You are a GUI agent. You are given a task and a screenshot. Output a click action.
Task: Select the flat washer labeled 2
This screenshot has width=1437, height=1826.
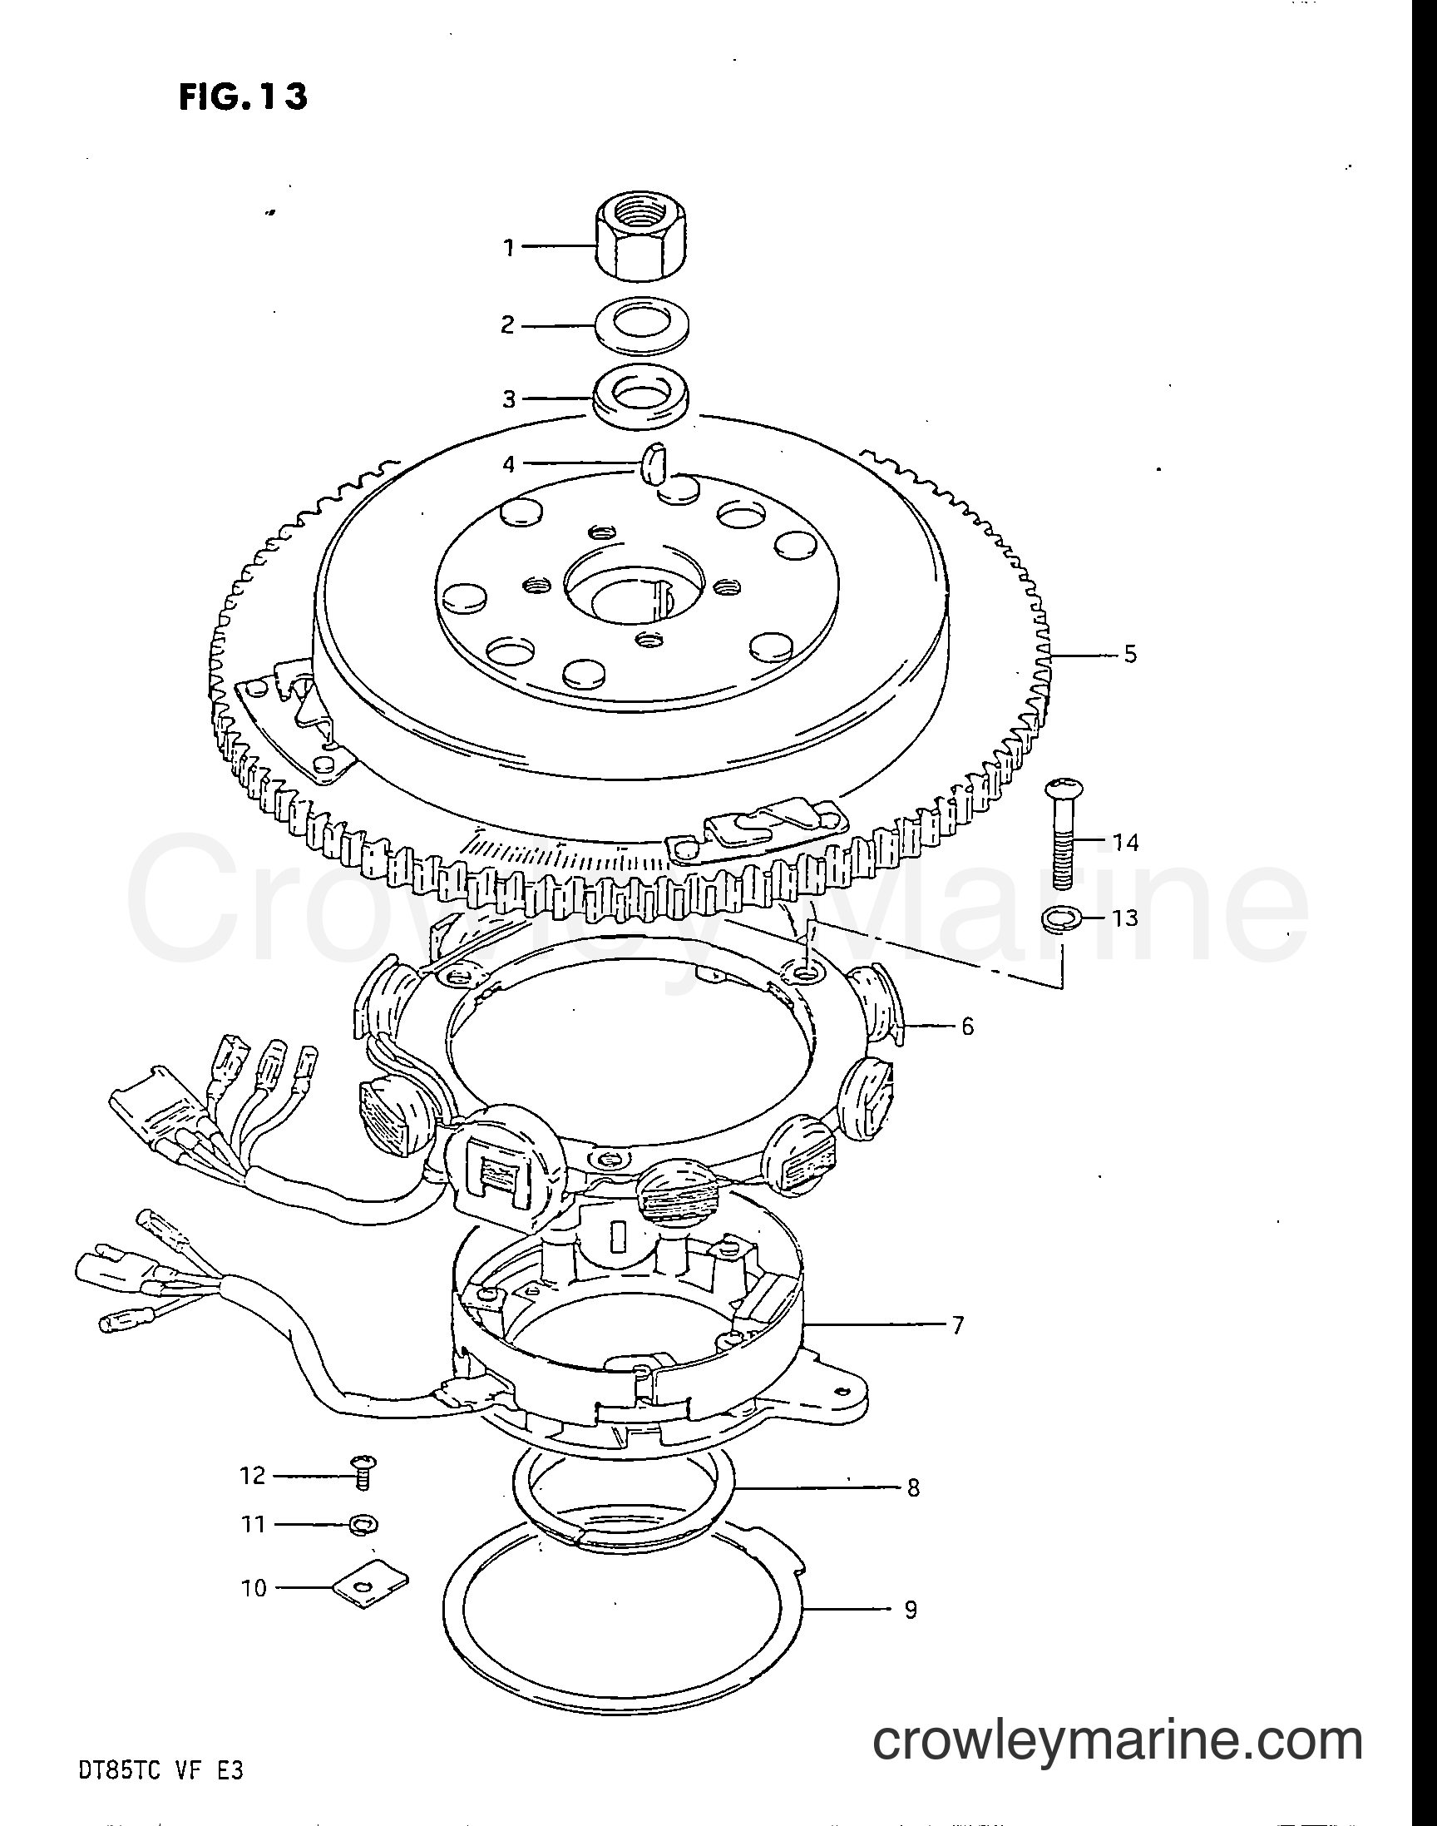coord(640,324)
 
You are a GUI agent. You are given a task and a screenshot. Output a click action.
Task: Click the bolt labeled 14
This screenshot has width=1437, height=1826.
coord(1063,832)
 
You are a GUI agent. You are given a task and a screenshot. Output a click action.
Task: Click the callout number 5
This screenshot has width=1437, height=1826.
coord(1130,654)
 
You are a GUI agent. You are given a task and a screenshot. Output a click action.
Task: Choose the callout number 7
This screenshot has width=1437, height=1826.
coord(957,1325)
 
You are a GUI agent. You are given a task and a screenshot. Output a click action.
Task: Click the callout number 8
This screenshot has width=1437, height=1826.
coord(912,1488)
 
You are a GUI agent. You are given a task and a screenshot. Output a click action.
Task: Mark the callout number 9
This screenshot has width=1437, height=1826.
coord(911,1610)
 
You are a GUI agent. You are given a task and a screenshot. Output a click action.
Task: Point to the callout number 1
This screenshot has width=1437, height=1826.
coord(508,247)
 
